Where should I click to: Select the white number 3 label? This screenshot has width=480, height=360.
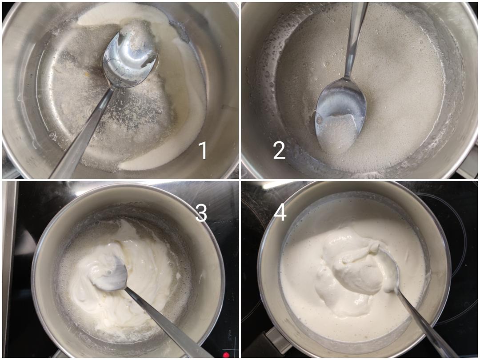201,212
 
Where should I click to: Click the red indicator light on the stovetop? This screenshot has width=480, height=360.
226,355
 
